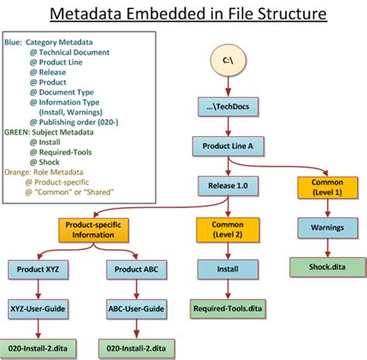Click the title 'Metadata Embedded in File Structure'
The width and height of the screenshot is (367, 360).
click(183, 14)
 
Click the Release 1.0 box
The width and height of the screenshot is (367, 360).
click(228, 185)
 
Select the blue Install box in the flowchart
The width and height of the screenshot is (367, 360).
click(228, 269)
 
